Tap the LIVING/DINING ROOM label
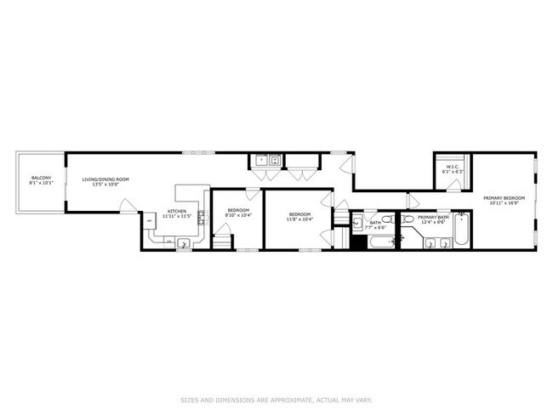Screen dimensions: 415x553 [105, 179]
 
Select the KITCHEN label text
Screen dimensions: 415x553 [176, 210]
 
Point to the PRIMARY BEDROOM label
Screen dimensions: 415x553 [504, 198]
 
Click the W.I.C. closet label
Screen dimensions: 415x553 [451, 167]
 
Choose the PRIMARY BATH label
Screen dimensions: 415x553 [432, 217]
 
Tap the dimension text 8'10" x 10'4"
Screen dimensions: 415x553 [238, 215]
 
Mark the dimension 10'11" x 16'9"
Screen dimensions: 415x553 [504, 203]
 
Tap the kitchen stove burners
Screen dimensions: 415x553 [202, 218]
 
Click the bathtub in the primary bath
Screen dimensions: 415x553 [461, 233]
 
